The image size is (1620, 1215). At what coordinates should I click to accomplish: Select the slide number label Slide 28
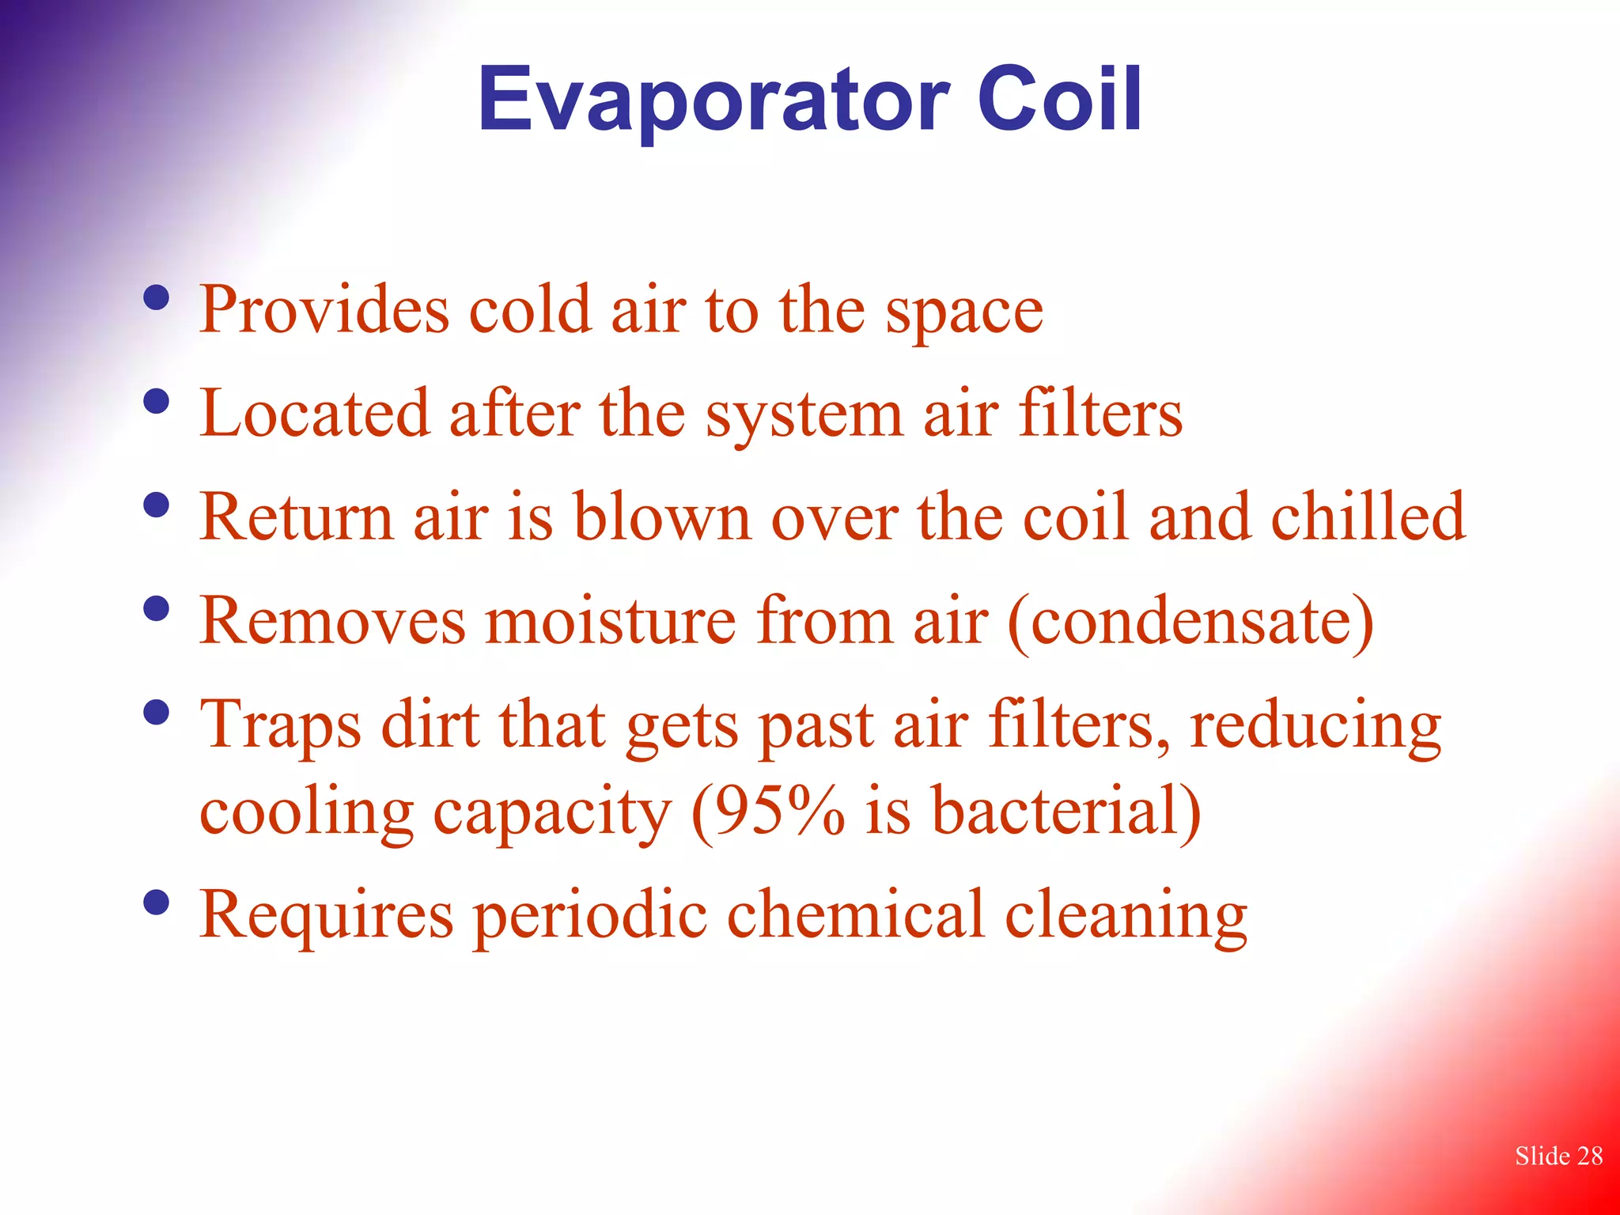1558,1156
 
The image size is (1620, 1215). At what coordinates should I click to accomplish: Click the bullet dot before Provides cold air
157,297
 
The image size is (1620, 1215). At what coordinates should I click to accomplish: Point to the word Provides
324,310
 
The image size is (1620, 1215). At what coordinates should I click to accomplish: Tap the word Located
315,413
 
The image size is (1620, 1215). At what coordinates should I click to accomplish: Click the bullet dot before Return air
157,505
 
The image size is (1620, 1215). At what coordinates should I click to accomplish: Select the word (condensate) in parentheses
1191,621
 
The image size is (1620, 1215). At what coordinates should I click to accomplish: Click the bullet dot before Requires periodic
157,902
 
